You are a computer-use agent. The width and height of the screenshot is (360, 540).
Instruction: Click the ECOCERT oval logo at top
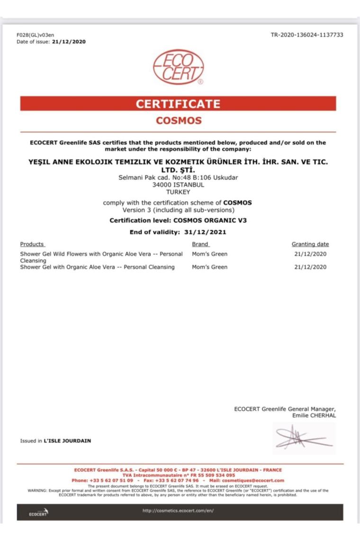coord(179,68)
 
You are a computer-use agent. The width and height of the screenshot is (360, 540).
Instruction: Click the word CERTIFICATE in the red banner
coord(178,104)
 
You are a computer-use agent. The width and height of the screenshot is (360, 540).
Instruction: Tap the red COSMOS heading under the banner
coord(179,120)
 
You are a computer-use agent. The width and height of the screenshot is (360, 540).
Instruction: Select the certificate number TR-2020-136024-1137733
coord(307,35)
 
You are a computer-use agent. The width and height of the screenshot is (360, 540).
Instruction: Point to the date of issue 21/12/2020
coord(69,42)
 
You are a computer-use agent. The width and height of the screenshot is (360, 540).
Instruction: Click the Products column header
coord(32,244)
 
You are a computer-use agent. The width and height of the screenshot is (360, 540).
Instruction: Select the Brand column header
coord(200,244)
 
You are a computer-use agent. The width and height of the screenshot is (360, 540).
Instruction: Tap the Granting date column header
coord(310,244)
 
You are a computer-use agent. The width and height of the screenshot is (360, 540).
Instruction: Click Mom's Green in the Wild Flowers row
coord(209,254)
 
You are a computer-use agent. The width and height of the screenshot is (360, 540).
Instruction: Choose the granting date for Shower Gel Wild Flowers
coord(310,254)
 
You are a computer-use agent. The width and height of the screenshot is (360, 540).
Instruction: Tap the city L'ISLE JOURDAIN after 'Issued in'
coord(67,441)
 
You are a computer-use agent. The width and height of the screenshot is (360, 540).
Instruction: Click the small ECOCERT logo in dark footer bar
coord(38,513)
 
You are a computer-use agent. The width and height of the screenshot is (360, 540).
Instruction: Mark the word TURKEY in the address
coord(178,192)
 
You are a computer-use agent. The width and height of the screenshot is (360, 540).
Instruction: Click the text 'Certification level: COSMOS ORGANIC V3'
coord(178,220)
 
